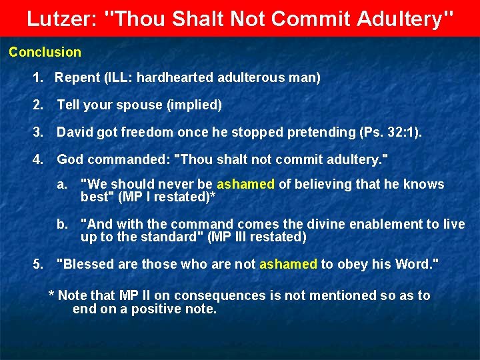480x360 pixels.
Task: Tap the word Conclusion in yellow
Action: [x=45, y=52]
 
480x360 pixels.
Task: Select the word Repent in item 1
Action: [x=77, y=78]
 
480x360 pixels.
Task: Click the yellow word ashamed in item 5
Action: [x=288, y=264]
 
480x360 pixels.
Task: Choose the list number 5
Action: [x=37, y=264]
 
